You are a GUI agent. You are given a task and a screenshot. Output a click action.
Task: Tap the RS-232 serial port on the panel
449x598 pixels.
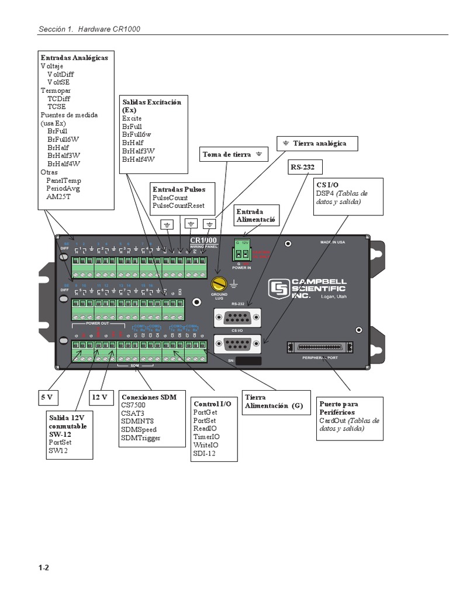pyautogui.click(x=237, y=318)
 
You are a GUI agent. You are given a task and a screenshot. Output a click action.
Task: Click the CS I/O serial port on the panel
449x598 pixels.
pyautogui.click(x=237, y=345)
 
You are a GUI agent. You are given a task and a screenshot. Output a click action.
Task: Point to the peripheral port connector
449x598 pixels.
pyautogui.click(x=320, y=347)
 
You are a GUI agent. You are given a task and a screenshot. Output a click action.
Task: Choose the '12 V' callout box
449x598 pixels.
pyautogui.click(x=101, y=397)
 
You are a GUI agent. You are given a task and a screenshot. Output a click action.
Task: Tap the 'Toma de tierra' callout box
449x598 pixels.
pyautogui.click(x=234, y=155)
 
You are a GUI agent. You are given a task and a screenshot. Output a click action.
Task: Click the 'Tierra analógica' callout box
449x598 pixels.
pyautogui.click(x=316, y=143)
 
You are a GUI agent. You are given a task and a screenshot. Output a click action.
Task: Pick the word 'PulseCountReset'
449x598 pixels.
pyautogui.click(x=178, y=206)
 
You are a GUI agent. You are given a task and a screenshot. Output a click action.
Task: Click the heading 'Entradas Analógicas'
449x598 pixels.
pyautogui.click(x=74, y=58)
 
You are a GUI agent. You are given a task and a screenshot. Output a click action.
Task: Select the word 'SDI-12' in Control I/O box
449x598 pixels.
pyautogui.click(x=205, y=453)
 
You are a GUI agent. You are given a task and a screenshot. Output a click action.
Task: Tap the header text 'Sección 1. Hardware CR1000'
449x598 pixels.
pyautogui.click(x=89, y=29)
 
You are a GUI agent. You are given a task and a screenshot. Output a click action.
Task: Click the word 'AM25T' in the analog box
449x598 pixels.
pyautogui.click(x=59, y=197)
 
